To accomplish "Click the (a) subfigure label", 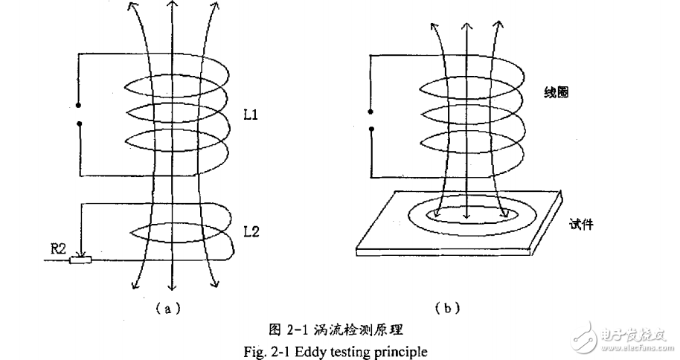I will pos(168,306).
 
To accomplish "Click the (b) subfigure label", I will pos(449,306).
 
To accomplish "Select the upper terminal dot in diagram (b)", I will pos(371,114).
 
